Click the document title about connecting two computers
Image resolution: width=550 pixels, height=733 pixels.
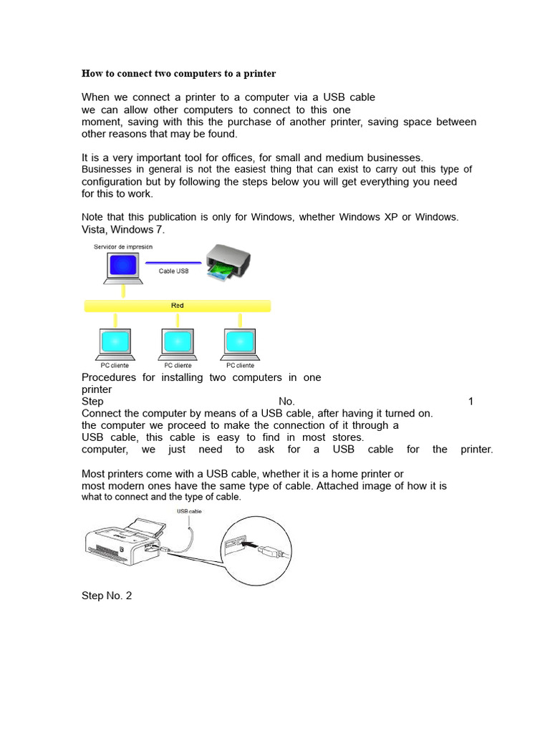(178, 74)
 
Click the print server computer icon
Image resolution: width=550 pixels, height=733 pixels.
(122, 267)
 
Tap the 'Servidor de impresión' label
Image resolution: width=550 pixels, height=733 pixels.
(122, 247)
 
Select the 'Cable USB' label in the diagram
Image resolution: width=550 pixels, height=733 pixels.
(174, 271)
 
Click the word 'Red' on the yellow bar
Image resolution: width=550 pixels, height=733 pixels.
(178, 306)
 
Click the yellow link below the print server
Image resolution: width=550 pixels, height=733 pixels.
(123, 291)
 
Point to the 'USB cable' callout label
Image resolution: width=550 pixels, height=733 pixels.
(190, 511)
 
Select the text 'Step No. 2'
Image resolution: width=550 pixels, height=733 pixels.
(107, 596)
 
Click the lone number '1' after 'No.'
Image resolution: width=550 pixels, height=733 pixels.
(471, 402)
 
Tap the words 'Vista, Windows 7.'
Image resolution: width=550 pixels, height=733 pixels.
(123, 229)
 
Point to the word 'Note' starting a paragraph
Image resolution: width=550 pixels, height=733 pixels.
(94, 217)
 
